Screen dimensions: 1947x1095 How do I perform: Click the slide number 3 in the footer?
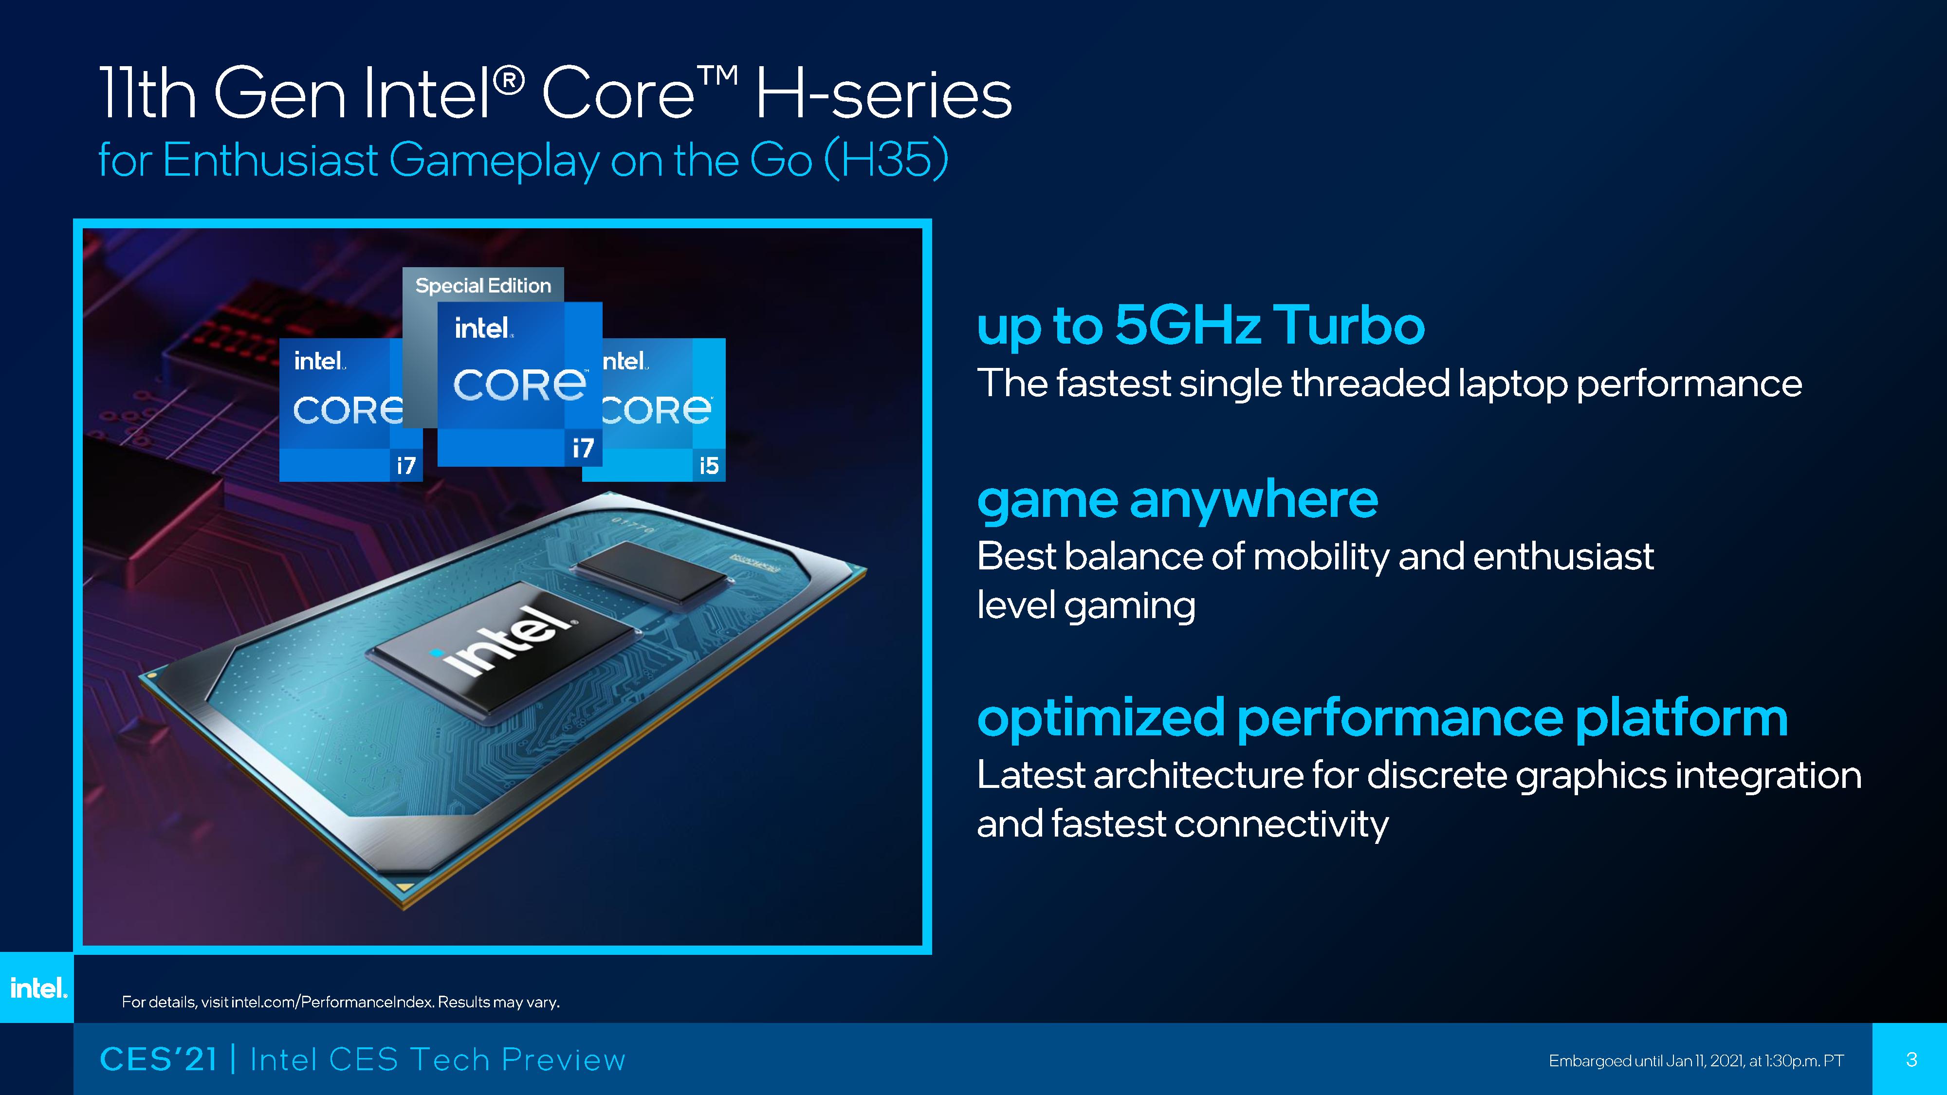(x=1911, y=1059)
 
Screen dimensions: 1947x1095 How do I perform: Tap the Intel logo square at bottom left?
(x=37, y=987)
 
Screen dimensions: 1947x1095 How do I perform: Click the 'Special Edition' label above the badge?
(x=483, y=286)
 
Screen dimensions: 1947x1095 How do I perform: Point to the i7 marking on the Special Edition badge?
(x=583, y=448)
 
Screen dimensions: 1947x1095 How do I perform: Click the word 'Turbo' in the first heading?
(x=1349, y=325)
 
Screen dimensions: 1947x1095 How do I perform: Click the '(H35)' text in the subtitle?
(x=886, y=160)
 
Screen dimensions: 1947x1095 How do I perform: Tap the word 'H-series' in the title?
(x=883, y=94)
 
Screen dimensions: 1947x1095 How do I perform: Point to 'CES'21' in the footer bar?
(x=159, y=1059)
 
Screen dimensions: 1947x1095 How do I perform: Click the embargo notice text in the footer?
(x=1696, y=1061)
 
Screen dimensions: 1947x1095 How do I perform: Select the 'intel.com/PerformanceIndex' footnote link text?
(x=332, y=1002)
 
